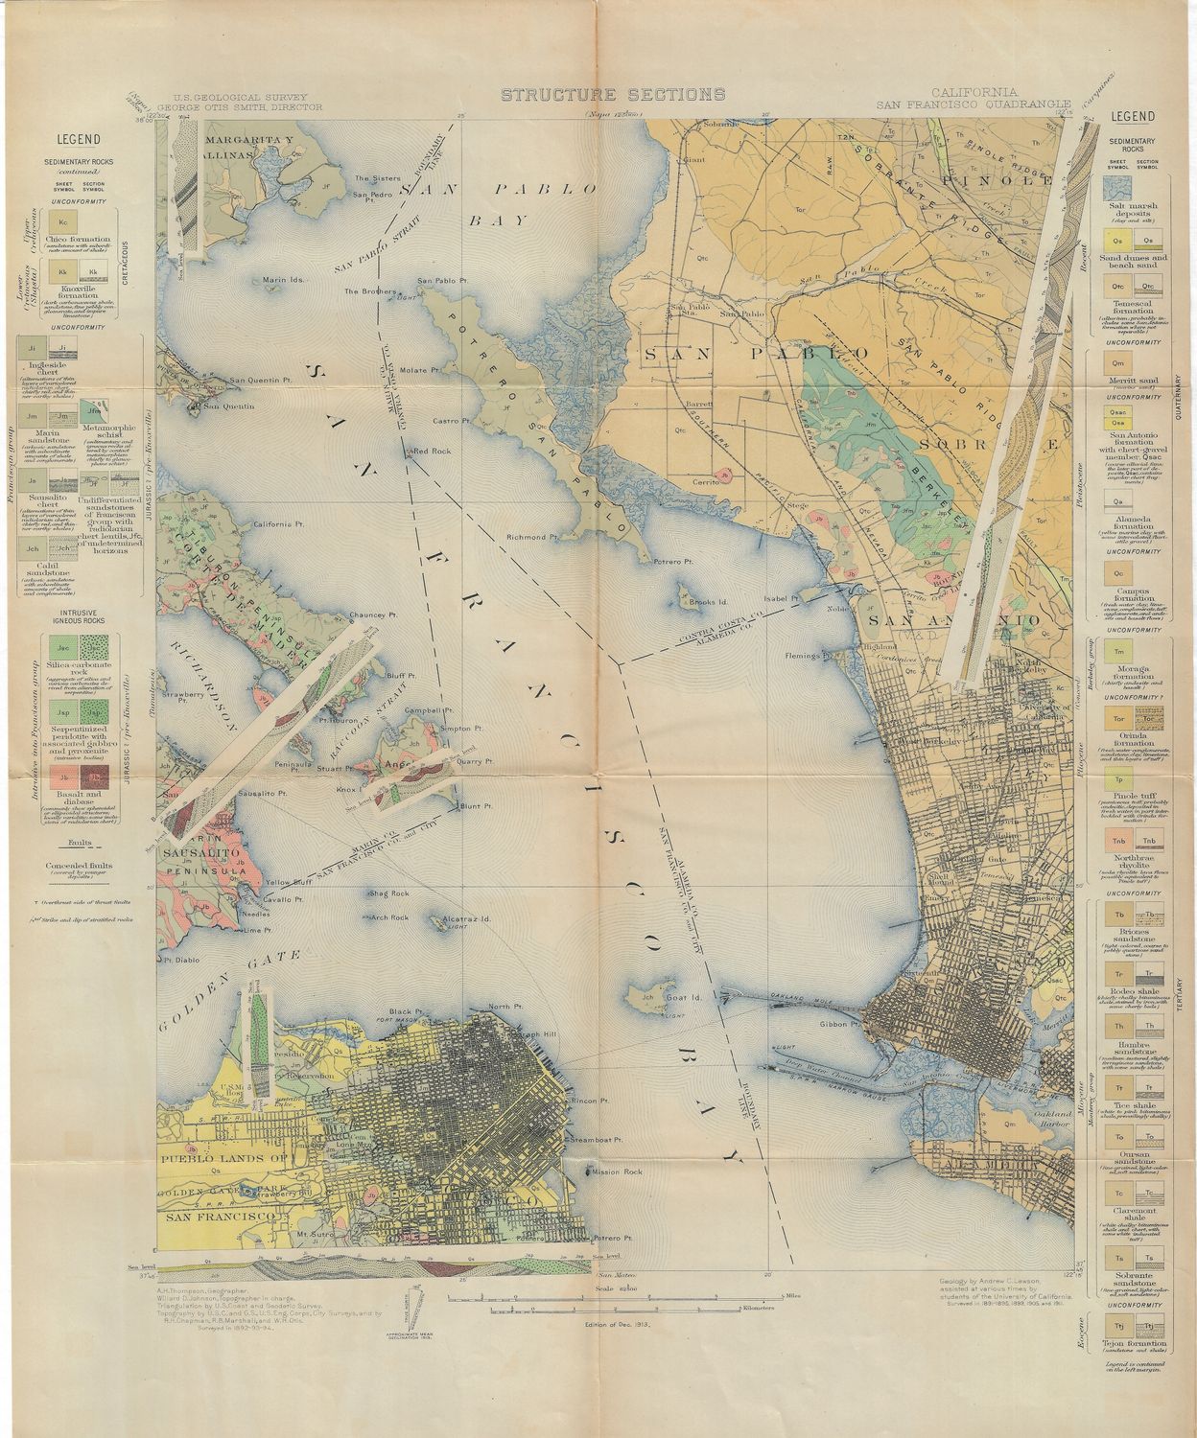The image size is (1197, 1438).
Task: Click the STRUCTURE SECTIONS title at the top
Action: (x=612, y=94)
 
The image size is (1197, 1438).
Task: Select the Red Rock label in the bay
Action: (x=431, y=451)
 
